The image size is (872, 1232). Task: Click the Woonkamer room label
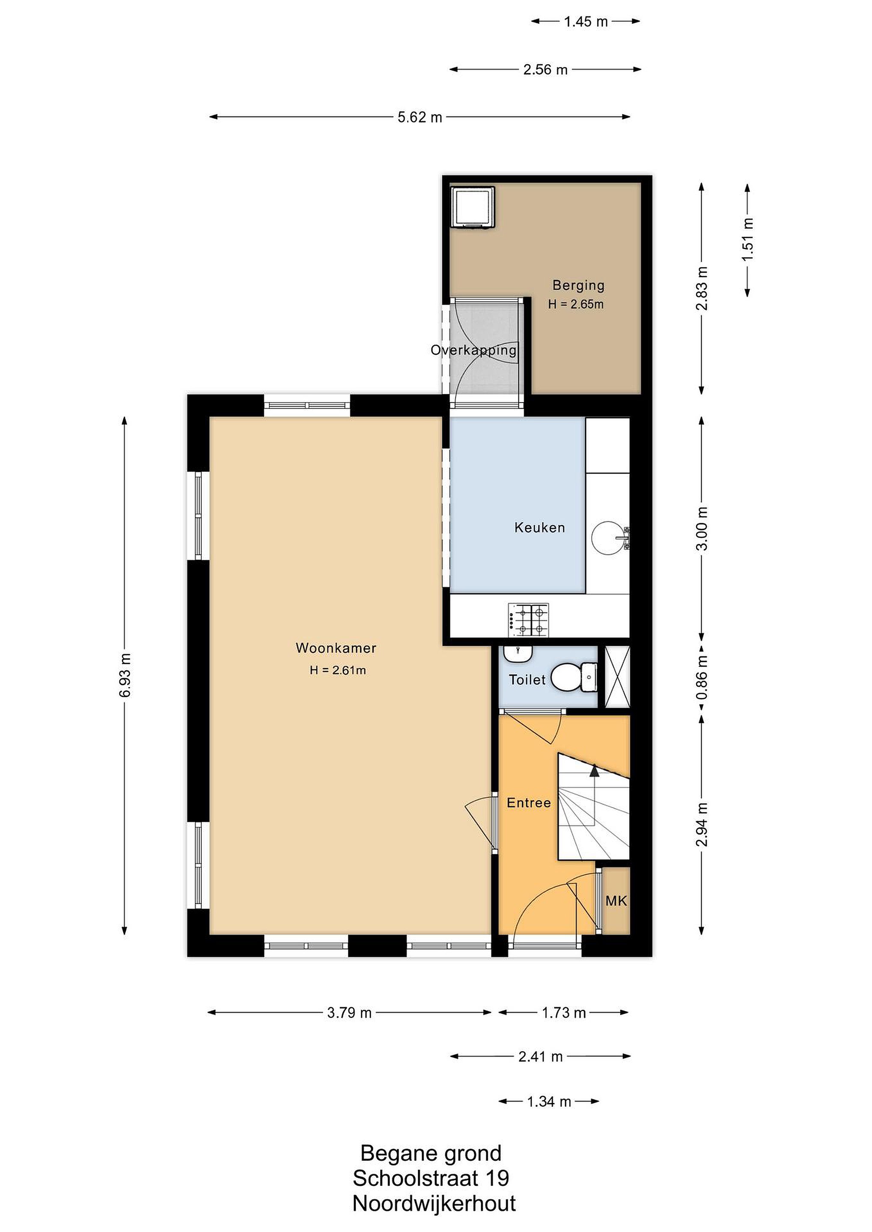(x=336, y=648)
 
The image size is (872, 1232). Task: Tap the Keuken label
(x=540, y=528)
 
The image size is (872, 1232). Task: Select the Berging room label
(x=578, y=285)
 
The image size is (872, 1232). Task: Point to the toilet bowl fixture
(x=570, y=678)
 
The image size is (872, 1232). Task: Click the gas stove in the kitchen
(x=528, y=620)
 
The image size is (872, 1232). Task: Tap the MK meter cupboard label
(x=616, y=900)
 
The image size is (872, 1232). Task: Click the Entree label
(x=529, y=803)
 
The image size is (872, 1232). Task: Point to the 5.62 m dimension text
(x=420, y=117)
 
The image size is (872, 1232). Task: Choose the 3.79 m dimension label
(x=349, y=1013)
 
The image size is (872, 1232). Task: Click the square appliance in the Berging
(x=473, y=207)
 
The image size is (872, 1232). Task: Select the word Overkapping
(x=473, y=351)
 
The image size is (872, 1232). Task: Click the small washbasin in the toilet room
(x=518, y=654)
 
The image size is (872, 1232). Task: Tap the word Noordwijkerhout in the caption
(x=434, y=1204)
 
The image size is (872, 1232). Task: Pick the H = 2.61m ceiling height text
(x=338, y=670)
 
